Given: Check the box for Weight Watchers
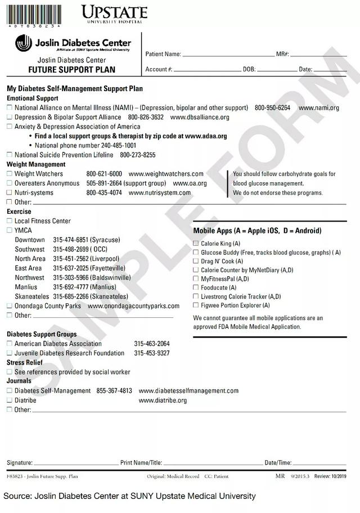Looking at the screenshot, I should (x=9, y=174).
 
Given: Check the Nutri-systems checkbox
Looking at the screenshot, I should (x=9, y=193).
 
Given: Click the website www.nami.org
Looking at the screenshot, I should (x=318, y=107).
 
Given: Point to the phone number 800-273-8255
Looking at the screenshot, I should (x=138, y=155).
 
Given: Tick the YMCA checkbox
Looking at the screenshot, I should (x=9, y=231).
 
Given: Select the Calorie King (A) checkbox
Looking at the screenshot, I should (x=196, y=244).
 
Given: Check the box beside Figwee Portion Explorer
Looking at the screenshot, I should (x=196, y=305).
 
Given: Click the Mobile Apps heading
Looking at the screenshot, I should (x=257, y=231).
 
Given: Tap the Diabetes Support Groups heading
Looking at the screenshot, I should (x=42, y=334).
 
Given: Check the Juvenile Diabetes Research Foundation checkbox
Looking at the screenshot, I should (x=9, y=353).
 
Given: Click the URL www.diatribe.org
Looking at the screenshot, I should (x=163, y=400).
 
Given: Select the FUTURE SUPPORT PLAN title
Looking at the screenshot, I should (x=71, y=70).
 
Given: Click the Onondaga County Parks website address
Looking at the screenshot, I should (x=133, y=306).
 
